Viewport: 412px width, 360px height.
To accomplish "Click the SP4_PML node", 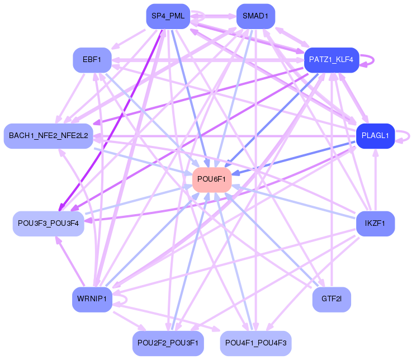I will (168, 16).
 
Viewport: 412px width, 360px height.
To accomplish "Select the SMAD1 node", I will (255, 16).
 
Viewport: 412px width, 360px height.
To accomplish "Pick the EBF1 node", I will (92, 59).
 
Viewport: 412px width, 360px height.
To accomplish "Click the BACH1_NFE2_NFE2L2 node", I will (48, 136).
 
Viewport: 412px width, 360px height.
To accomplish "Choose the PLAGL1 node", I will (375, 135).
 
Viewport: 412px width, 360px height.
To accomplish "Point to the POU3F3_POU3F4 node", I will (48, 224).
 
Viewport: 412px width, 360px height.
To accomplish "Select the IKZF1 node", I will (375, 224).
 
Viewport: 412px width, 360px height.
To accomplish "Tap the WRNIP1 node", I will (92, 300).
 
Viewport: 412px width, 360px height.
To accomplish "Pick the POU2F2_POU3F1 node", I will (168, 343).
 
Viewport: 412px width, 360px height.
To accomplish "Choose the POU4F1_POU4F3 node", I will (255, 343).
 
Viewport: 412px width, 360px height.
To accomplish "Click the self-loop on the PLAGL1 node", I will (405, 135).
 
